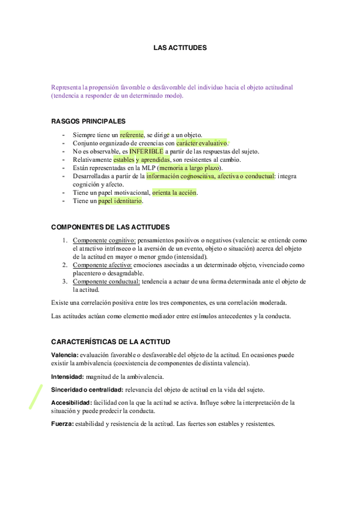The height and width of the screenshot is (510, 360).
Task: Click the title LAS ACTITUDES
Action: click(180, 46)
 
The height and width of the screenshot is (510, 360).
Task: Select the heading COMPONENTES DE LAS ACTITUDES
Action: click(110, 227)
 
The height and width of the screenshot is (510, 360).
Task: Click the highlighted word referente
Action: click(132, 135)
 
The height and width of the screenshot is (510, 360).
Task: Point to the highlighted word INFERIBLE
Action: click(146, 152)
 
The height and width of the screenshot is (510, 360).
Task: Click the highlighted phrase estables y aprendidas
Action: click(141, 160)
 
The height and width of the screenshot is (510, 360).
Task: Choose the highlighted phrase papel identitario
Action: click(120, 201)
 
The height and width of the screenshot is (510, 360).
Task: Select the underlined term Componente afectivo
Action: click(103, 265)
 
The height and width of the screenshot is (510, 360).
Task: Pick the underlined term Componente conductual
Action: click(106, 281)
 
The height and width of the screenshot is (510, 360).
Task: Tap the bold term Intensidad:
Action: click(67, 376)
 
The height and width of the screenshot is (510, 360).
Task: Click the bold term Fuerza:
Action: click(62, 424)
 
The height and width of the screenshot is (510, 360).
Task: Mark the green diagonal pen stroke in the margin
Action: click(36, 397)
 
